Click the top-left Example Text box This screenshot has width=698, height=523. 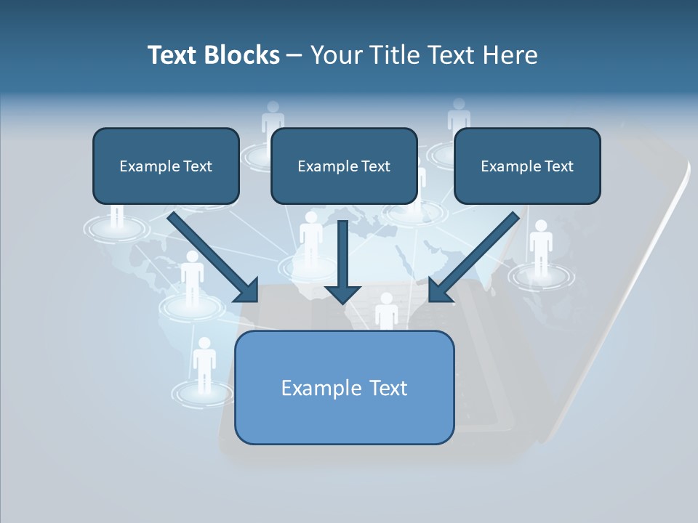166,166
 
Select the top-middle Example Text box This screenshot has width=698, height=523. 344,166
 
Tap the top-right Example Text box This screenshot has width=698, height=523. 527,166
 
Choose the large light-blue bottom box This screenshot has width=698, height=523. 344,387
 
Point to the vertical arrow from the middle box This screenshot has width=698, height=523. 342,261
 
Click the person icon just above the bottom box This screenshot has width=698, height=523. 386,311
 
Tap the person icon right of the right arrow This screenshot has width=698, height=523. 540,247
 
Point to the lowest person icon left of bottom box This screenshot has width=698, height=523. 204,363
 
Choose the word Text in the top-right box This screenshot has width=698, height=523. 558,166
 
